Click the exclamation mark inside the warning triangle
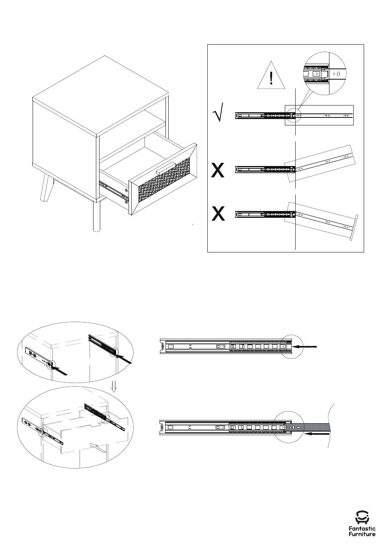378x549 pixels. (271, 78)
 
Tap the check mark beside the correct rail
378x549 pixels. (218, 112)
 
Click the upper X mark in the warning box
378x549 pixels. (218, 170)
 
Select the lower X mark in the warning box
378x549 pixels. (218, 213)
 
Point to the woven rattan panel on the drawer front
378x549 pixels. (164, 180)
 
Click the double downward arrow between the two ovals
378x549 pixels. (113, 387)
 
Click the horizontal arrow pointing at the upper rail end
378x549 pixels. (305, 346)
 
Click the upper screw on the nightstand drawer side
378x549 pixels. (126, 190)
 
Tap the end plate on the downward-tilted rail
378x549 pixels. (354, 228)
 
